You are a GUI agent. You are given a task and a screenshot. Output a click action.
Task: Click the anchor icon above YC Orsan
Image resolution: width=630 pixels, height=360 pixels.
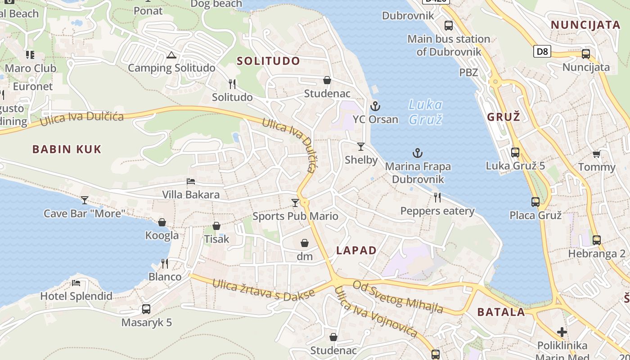[375, 106]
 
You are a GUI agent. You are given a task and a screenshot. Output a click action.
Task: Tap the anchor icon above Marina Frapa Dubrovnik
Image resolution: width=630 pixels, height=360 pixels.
[418, 153]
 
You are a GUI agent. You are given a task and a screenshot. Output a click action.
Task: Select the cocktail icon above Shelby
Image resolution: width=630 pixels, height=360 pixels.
[360, 147]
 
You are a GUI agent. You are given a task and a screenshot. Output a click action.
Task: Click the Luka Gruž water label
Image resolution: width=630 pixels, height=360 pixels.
[426, 112]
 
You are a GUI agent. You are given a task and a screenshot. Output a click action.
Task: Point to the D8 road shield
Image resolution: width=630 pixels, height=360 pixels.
[543, 51]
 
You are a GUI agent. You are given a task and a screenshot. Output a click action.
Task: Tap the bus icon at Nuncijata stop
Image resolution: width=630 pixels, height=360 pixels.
[585, 54]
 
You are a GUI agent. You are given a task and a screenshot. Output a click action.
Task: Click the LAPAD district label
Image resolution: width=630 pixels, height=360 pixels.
[356, 251]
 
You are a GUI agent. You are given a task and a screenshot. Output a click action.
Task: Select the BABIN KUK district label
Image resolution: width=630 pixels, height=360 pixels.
[67, 149]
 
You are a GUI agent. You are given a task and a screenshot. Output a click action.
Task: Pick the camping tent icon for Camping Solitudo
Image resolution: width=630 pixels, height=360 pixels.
[171, 55]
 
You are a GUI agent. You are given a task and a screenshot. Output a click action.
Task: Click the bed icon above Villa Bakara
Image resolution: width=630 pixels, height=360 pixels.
[191, 181]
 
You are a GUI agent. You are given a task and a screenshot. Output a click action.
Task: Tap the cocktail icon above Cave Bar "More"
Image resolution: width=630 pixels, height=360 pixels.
[84, 200]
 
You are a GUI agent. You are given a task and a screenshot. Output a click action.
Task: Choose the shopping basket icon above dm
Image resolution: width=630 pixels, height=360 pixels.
[305, 243]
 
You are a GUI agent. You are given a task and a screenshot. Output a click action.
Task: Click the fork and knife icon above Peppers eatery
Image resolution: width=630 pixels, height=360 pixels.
[436, 197]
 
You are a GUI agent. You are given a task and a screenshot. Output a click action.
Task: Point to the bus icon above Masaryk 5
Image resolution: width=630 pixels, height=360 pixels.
[146, 309]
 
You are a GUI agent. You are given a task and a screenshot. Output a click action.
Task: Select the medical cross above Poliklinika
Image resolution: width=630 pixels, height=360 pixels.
[562, 332]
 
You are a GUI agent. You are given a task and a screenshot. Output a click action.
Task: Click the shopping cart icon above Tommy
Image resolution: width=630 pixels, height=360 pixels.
[596, 154]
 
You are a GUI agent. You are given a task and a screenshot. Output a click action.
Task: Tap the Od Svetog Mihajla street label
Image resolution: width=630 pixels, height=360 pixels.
[398, 297]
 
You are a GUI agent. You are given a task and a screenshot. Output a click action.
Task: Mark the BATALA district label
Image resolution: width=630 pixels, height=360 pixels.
[501, 312]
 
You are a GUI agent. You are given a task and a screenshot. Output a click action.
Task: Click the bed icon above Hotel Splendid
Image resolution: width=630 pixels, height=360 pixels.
[76, 283]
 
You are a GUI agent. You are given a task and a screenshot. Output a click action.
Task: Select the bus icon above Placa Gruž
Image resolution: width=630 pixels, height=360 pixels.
[535, 202]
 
